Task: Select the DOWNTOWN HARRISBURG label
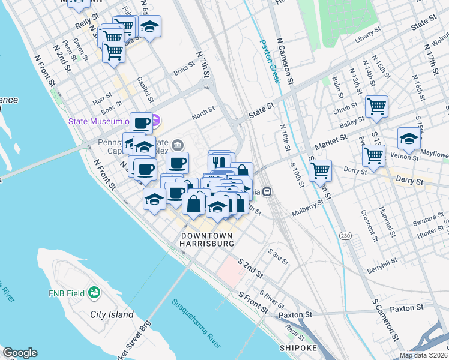[208, 240]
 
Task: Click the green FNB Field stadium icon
[94, 292]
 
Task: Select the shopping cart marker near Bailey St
[376, 107]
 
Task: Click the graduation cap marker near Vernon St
[409, 139]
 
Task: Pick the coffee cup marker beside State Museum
[142, 124]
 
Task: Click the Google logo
[20, 353]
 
